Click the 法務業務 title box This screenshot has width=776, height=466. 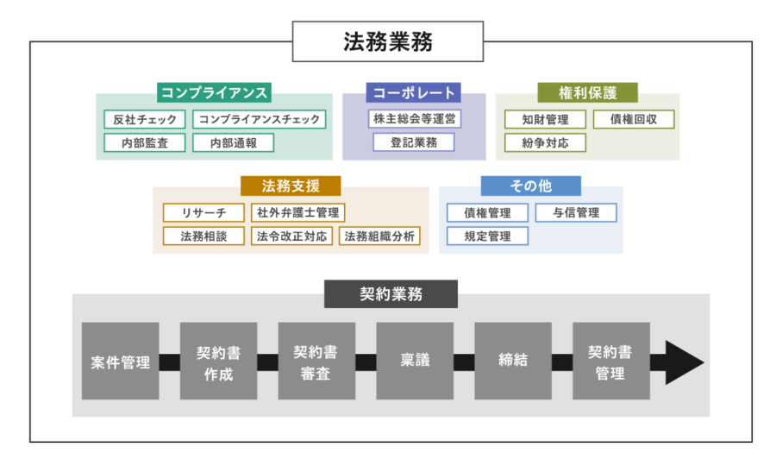388,41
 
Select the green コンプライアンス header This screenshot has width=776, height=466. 214,92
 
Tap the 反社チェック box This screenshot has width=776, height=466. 145,119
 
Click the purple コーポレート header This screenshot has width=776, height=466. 414,92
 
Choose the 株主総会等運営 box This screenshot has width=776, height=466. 414,119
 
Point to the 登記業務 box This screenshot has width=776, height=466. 414,142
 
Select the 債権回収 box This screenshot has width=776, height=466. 633,119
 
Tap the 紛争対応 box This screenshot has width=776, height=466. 545,142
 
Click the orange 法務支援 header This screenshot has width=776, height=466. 290,186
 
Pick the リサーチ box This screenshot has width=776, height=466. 204,212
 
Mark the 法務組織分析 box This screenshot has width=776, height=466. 379,236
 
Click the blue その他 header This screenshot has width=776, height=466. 530,186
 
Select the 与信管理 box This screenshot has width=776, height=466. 576,212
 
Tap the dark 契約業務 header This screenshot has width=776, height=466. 391,293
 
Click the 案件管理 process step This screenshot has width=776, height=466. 121,362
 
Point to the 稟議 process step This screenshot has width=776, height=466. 415,362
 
